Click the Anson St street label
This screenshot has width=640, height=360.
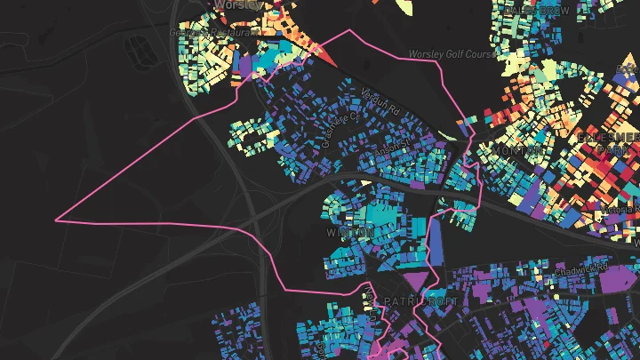(x=394, y=143)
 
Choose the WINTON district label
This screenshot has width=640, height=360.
(x=350, y=232)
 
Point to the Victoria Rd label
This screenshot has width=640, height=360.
(x=620, y=210)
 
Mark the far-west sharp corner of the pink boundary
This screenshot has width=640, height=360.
(x=57, y=220)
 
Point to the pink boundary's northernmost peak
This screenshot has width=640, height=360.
(x=350, y=30)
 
